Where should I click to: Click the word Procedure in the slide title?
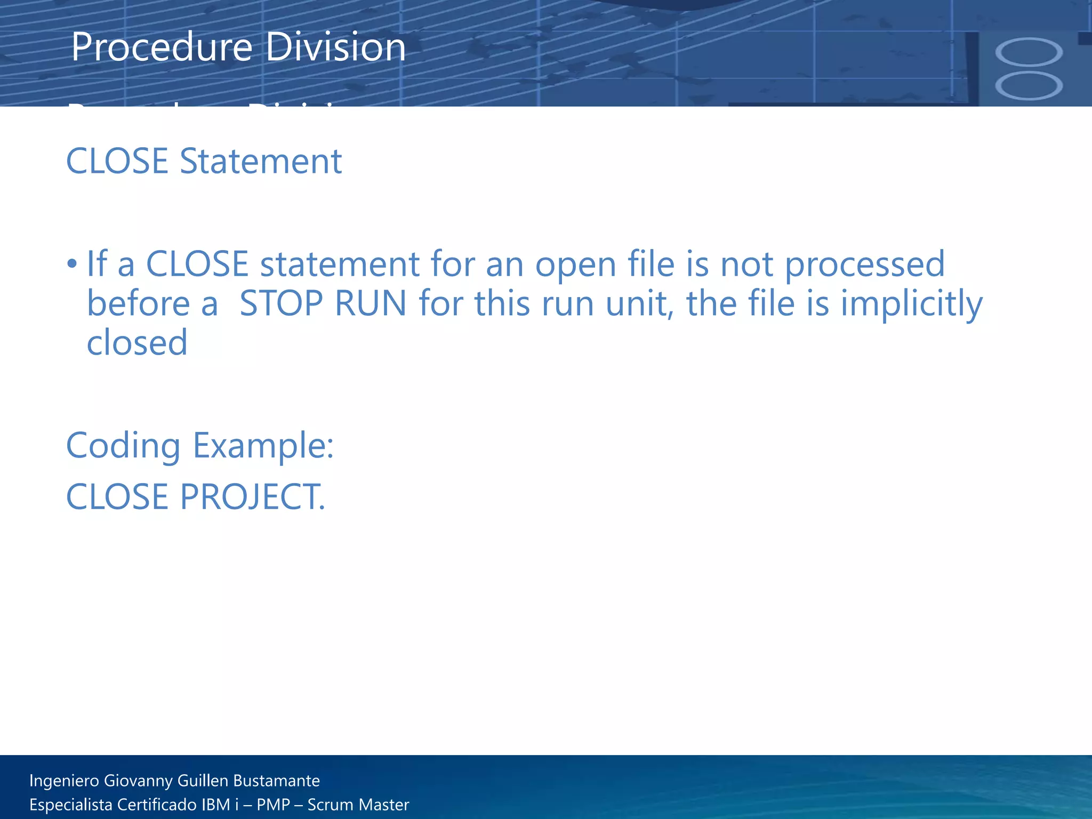pos(162,47)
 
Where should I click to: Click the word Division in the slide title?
pos(335,47)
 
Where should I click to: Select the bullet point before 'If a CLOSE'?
pos(72,263)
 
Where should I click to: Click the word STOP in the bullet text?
pos(281,303)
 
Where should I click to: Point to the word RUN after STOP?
pos(371,303)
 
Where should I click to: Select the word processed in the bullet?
pos(864,264)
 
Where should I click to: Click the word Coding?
pos(123,446)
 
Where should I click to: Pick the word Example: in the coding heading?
pos(263,446)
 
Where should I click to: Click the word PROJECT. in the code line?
pos(252,497)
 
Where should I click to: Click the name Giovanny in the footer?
pos(138,781)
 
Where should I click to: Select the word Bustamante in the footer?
pos(276,781)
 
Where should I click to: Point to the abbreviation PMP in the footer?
pos(273,805)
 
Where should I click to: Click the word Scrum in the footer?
pos(330,805)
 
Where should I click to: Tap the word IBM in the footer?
pos(216,805)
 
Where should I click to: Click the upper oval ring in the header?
pos(1029,52)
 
